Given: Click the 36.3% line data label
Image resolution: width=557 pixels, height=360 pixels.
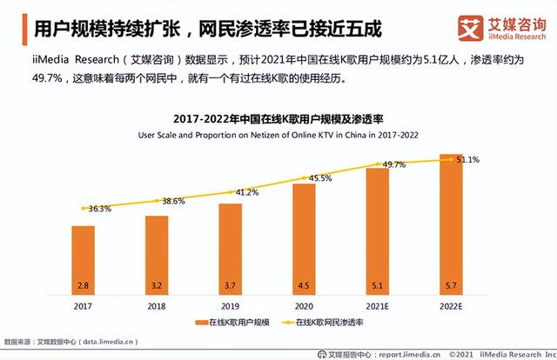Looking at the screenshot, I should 100,209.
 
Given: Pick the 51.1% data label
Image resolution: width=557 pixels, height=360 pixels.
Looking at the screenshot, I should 468,160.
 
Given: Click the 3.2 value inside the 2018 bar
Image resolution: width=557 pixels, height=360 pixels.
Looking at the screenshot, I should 156,284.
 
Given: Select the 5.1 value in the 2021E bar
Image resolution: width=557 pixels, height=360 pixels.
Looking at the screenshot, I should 377,284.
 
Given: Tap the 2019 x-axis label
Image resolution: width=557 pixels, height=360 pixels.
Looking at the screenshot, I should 230,305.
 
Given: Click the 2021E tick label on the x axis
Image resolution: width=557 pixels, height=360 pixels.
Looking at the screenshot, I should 377,305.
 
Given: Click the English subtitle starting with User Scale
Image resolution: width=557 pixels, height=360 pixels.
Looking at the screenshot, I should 278,134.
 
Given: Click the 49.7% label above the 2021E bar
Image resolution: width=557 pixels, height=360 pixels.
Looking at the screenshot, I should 394,164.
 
